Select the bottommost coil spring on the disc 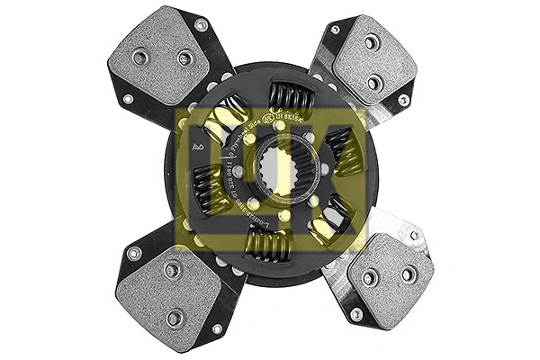click(267, 244)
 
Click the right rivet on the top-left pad click(185, 58)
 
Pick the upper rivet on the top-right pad click(371, 41)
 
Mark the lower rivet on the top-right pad click(373, 83)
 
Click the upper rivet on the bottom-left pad click(173, 269)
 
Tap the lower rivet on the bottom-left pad click(175, 317)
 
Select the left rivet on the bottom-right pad click(368, 277)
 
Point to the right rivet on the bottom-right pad click(409, 274)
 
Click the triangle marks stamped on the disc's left click(197, 145)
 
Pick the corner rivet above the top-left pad click(201, 24)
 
